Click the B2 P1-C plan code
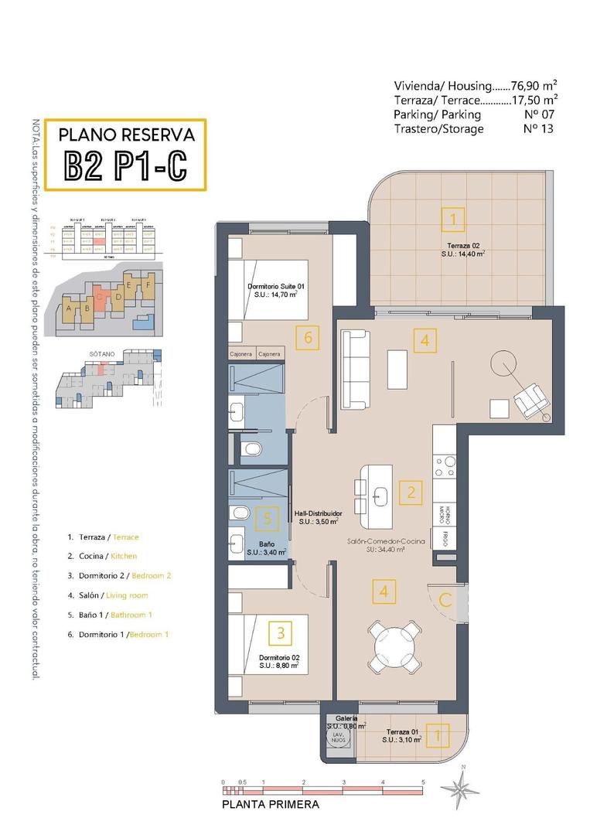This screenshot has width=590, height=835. [x=125, y=165]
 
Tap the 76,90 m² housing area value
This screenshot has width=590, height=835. [x=534, y=86]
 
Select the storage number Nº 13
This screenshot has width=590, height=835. [x=538, y=128]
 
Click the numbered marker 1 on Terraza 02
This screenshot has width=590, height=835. [x=453, y=220]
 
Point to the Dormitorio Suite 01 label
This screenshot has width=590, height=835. [x=277, y=287]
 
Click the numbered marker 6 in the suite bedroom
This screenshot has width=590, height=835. [x=308, y=337]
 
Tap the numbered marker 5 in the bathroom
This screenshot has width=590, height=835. [x=267, y=519]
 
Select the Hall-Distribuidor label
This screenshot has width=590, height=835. [x=318, y=513]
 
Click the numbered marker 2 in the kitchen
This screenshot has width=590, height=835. [x=411, y=491]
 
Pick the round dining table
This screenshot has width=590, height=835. [x=394, y=641]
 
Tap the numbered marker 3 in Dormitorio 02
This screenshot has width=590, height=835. [x=280, y=633]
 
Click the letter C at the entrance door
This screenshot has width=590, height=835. [x=445, y=599]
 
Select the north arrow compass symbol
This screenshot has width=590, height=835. [x=460, y=788]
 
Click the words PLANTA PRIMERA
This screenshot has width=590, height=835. [x=270, y=805]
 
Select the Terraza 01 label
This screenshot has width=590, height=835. [x=401, y=731]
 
